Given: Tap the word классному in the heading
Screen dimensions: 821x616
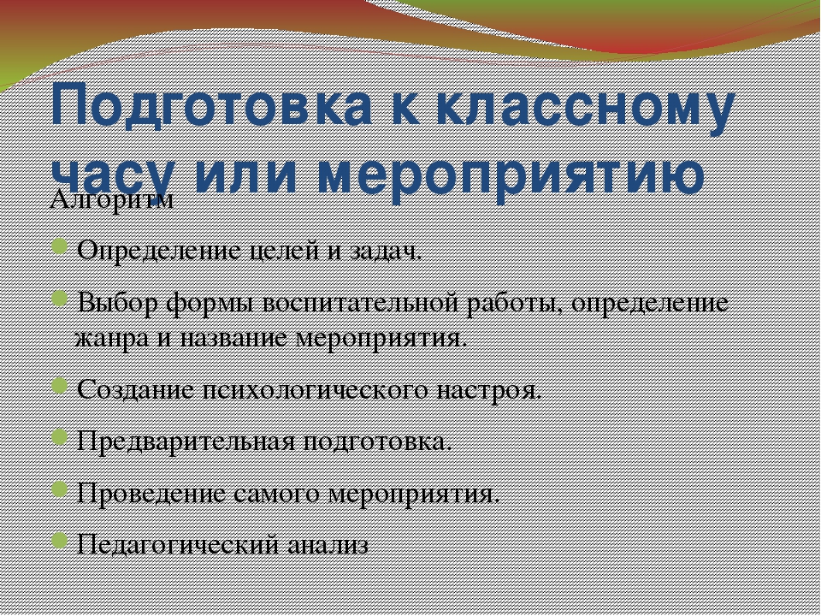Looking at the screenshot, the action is tap(586, 109).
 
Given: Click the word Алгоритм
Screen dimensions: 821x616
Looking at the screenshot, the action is tap(111, 199).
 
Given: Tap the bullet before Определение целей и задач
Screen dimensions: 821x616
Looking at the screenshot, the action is tap(60, 246).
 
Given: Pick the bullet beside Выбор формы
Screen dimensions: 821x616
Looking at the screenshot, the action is tap(60, 298).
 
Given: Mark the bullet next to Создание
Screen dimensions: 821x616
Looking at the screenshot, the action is tap(60, 386).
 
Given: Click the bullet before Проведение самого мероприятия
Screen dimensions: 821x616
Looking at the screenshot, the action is tap(60, 489).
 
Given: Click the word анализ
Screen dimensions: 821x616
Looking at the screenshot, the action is tap(328, 545).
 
